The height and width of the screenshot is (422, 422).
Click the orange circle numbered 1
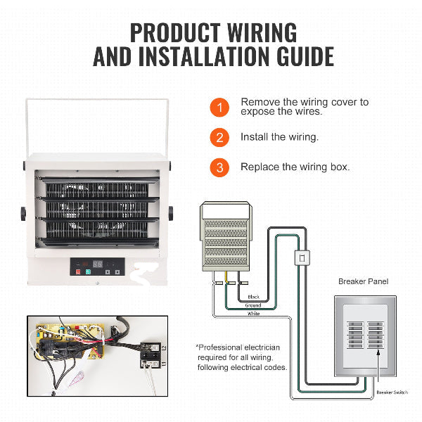[219, 108]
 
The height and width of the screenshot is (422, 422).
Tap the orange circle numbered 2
[219, 137]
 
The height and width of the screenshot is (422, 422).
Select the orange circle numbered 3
[219, 167]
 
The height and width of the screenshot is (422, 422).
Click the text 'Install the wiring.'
[279, 137]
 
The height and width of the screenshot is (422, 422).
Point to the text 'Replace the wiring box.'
[295, 167]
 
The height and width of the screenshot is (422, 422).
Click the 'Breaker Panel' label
[364, 281]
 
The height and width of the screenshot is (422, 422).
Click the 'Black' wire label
[254, 297]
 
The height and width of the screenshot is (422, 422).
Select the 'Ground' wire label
[254, 305]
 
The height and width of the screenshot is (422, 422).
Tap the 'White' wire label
[254, 314]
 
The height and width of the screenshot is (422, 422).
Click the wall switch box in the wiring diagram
[302, 258]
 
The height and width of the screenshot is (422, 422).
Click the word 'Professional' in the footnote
[220, 347]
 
